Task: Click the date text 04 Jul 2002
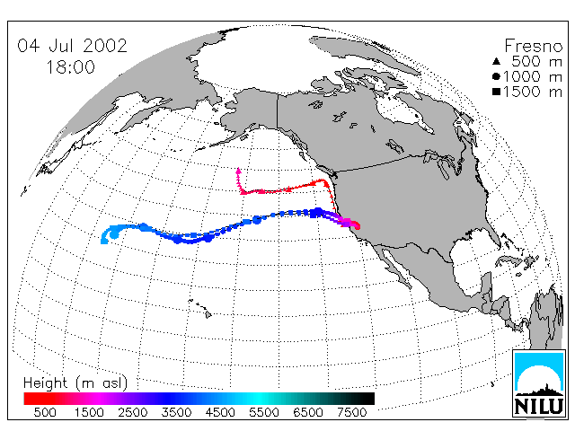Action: [x=72, y=46]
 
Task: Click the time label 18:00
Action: [x=70, y=67]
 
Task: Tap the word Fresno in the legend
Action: [x=533, y=46]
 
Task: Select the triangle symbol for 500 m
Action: [x=496, y=61]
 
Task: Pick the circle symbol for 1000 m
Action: [x=496, y=76]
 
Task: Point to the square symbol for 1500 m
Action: [x=496, y=92]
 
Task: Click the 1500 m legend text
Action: [x=533, y=92]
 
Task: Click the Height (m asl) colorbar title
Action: [x=75, y=383]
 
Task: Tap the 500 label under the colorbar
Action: [x=45, y=412]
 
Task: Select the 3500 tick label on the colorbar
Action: [x=176, y=412]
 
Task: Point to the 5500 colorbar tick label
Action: [x=264, y=412]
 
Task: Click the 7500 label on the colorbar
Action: [x=351, y=412]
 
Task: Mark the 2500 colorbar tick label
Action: [x=133, y=412]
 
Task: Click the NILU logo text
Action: [x=539, y=406]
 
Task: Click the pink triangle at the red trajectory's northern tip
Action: [x=239, y=171]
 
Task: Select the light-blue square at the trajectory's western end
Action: [x=104, y=241]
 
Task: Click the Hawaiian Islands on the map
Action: [x=201, y=308]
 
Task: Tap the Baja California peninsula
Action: [x=395, y=265]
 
